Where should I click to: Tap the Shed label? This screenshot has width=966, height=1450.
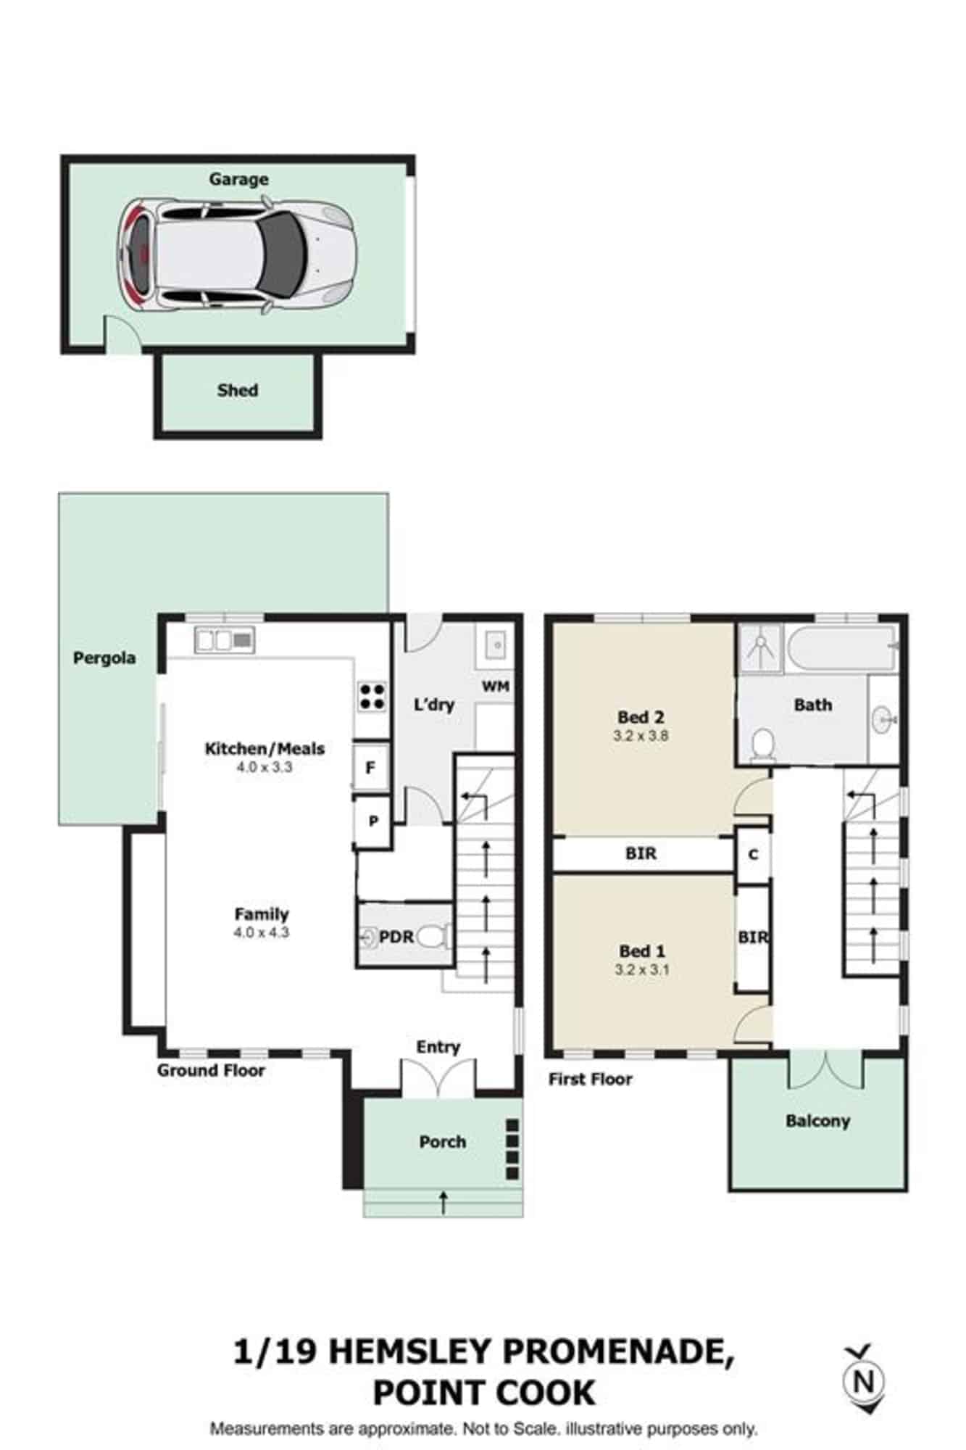238,390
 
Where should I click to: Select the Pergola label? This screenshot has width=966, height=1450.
104,658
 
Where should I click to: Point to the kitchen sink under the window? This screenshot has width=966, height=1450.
225,639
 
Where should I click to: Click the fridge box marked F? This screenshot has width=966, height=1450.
370,767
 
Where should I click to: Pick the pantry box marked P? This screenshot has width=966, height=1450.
373,821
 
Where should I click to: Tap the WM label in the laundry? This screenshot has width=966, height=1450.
496,686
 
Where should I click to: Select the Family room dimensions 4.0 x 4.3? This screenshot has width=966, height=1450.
261,932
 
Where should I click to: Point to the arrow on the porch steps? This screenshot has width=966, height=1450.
443,1203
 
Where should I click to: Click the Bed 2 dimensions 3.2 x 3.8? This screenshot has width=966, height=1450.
640,735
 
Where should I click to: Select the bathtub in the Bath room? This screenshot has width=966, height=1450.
843,649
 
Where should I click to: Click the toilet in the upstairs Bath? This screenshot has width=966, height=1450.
762,745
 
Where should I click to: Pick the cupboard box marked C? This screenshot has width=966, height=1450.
753,855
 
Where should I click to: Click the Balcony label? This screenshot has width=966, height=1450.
817,1121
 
